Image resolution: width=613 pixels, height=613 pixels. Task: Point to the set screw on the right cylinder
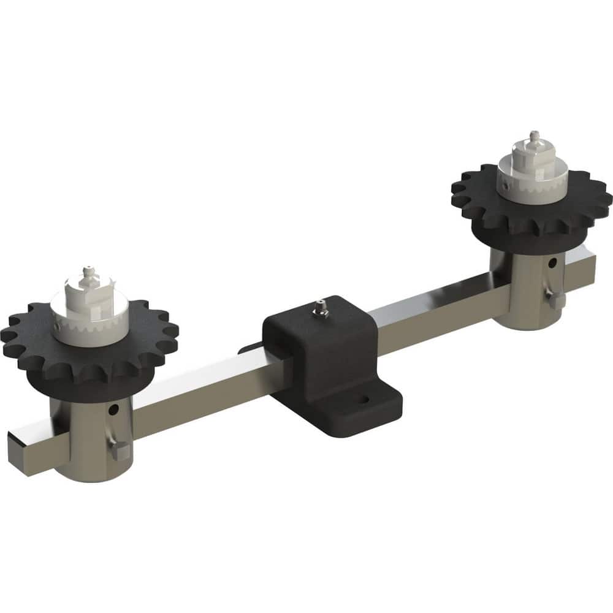click(555, 300)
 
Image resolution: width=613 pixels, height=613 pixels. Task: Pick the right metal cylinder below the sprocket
click(524, 294)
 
